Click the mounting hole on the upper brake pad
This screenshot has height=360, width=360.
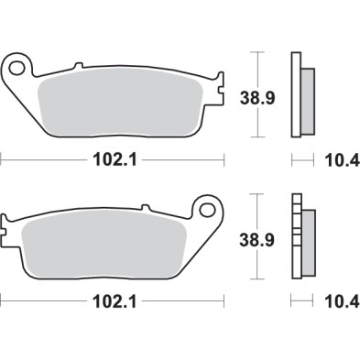point(17,67)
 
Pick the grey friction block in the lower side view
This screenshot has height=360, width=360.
point(307,242)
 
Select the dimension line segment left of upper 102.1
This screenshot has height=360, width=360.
point(46,159)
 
